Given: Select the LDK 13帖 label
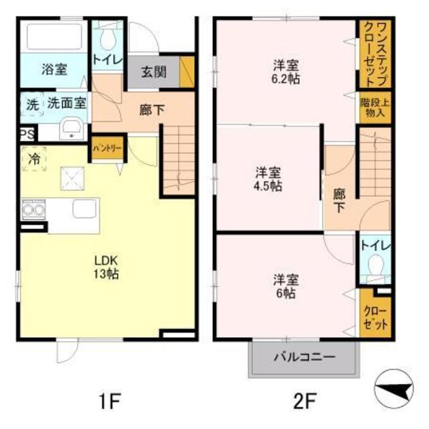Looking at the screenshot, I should tap(106, 267).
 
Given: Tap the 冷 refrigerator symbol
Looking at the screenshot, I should tap(34, 159).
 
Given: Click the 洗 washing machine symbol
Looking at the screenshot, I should tap(32, 105).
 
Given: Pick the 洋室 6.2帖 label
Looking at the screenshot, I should tap(286, 72).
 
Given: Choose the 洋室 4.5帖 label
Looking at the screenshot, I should tap(267, 178).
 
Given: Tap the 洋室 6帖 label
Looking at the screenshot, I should tap(286, 286).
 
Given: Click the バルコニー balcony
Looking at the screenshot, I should tap(303, 357).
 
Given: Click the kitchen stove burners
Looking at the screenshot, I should tap(32, 210).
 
